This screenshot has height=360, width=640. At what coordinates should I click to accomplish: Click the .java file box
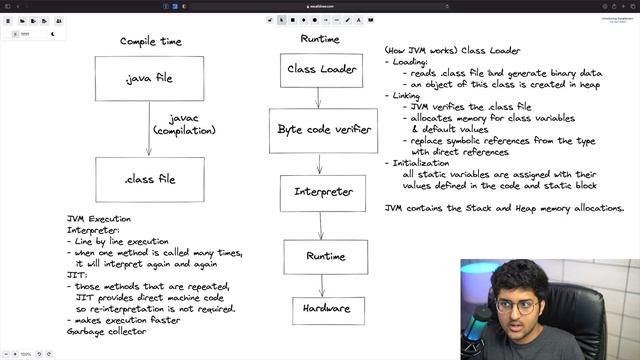click(149, 79)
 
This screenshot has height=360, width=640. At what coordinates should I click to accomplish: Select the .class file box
click(149, 179)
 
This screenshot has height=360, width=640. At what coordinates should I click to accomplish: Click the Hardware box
click(320, 310)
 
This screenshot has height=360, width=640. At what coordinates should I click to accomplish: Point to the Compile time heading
click(150, 41)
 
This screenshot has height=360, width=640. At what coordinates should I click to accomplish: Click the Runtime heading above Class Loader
click(319, 39)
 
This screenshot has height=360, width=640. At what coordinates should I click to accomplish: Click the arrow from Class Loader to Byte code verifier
click(319, 98)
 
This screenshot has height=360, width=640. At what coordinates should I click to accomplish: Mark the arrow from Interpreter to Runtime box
click(320, 225)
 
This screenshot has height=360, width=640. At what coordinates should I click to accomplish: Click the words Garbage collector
click(106, 331)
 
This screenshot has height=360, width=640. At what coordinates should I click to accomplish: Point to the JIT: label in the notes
click(76, 275)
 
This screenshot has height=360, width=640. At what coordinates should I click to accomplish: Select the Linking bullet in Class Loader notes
click(405, 95)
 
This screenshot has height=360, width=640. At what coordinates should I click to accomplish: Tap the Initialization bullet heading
click(417, 162)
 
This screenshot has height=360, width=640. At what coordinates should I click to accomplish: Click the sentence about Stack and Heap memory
click(504, 208)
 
